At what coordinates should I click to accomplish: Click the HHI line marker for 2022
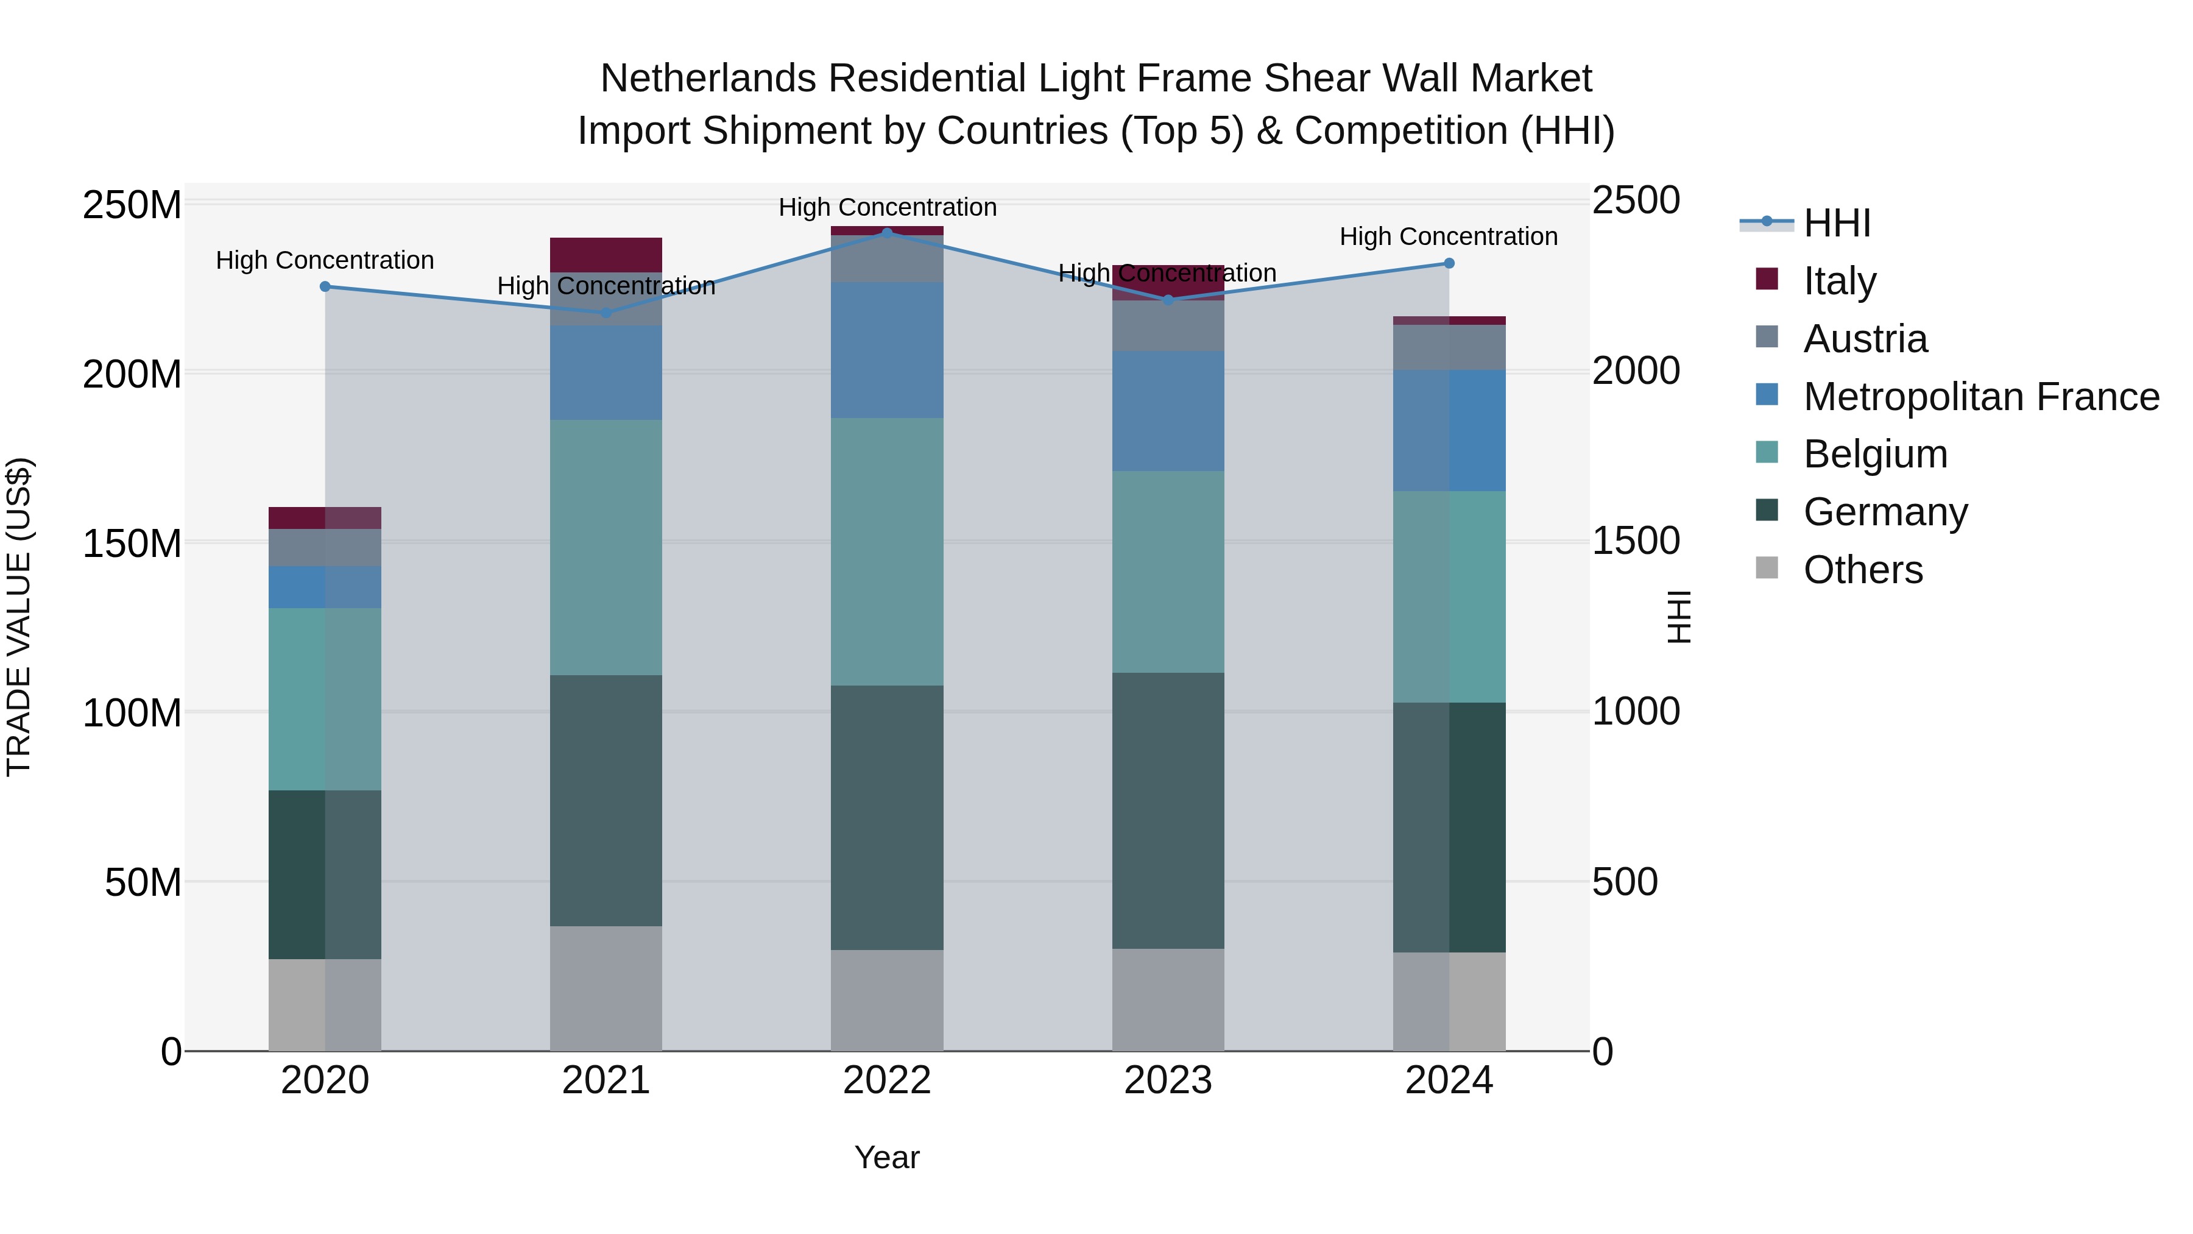[x=886, y=233]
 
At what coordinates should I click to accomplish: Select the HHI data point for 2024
[x=1449, y=263]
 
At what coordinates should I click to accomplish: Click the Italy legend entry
[x=1839, y=281]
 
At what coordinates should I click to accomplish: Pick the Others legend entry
[x=1863, y=570]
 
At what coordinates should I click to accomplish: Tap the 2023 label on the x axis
[x=1167, y=1080]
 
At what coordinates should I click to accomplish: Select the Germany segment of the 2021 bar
[x=606, y=801]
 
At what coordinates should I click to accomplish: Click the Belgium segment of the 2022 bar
[x=886, y=552]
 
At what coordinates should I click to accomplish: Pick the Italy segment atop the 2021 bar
[x=606, y=255]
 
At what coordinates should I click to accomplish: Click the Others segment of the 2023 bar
[x=1167, y=1000]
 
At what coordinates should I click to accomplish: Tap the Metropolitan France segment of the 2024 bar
[x=1449, y=430]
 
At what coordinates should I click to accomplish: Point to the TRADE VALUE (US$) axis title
[x=19, y=617]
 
